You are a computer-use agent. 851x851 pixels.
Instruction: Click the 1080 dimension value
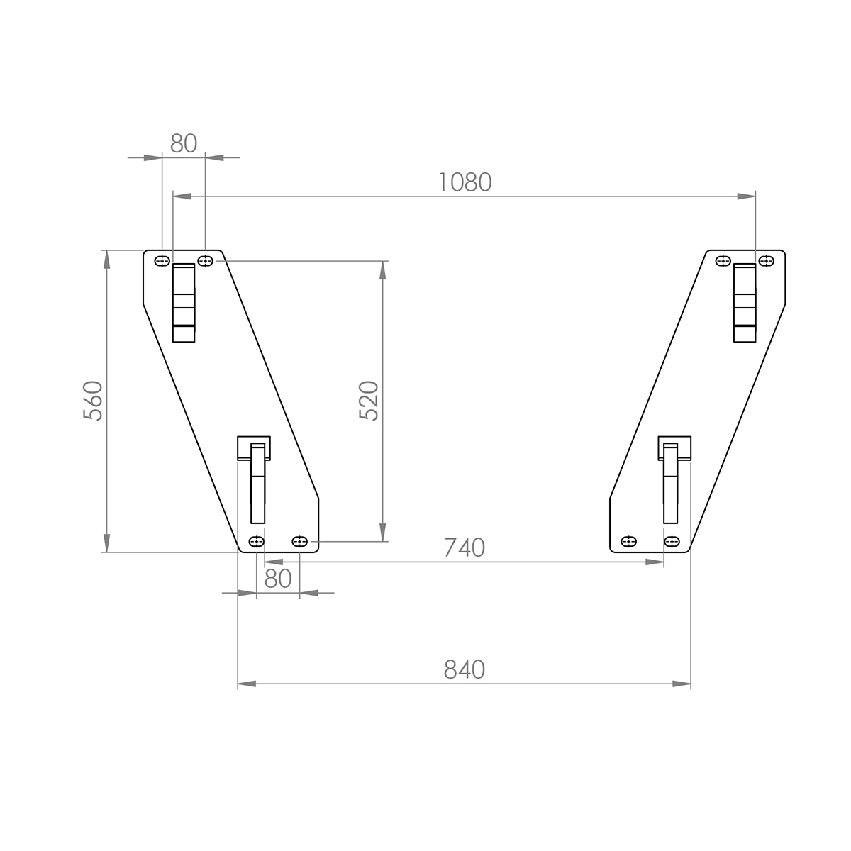tap(465, 182)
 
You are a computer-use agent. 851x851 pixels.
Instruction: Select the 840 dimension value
tap(465, 669)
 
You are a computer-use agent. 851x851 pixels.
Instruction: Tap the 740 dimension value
tap(465, 548)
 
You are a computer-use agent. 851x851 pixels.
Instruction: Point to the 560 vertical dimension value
tap(93, 401)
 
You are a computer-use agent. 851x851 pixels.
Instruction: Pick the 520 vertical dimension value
tap(369, 401)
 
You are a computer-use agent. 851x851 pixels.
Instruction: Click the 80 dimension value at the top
tap(184, 143)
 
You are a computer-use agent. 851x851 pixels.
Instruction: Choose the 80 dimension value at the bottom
tap(278, 579)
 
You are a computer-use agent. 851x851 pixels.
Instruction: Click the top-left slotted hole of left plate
tap(162, 261)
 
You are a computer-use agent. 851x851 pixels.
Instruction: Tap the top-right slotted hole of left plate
tap(205, 261)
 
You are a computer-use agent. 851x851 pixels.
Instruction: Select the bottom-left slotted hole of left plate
tap(256, 542)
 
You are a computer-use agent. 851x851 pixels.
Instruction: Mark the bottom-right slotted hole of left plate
tap(299, 542)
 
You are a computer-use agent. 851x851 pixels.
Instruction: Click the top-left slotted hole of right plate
tap(723, 261)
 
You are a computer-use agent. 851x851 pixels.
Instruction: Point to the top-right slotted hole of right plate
tap(766, 261)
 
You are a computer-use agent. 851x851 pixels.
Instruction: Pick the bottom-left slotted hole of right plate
tap(628, 542)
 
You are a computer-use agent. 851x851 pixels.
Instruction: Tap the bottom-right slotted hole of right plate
tap(672, 542)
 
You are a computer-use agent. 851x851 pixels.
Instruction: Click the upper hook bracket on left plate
tap(184, 303)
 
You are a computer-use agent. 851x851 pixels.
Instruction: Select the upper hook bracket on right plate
tap(745, 303)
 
